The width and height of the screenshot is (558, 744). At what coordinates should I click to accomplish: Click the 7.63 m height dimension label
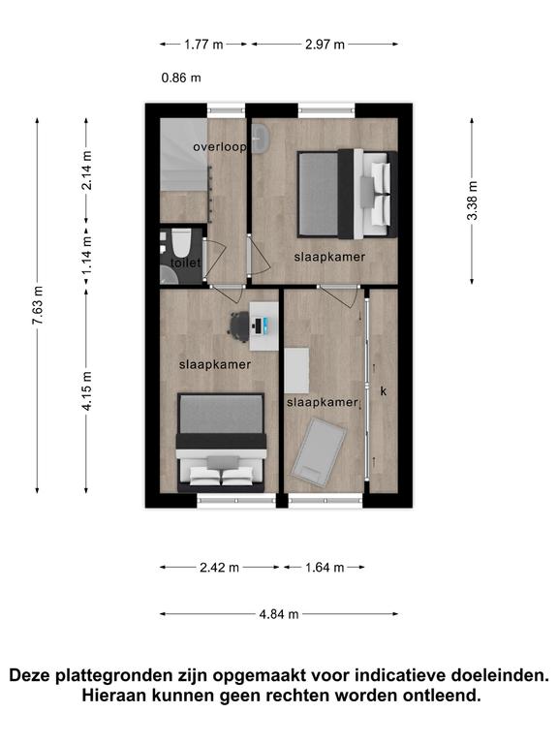click(x=38, y=305)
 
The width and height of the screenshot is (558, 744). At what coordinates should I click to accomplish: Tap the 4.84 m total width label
click(x=279, y=614)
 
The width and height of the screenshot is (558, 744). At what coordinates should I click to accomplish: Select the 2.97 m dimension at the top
click(x=325, y=45)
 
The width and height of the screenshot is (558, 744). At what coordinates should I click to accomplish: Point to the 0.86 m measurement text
click(x=181, y=77)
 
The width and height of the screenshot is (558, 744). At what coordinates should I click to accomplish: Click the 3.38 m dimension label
click(x=472, y=201)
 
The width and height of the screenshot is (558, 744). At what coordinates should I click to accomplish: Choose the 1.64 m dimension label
click(x=325, y=567)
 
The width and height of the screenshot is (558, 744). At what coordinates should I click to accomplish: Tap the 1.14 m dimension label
click(x=86, y=256)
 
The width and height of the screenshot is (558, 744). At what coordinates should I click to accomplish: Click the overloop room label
click(x=220, y=147)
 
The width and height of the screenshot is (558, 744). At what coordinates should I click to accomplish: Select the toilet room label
click(x=186, y=263)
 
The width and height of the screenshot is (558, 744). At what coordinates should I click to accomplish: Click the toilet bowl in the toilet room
click(x=181, y=242)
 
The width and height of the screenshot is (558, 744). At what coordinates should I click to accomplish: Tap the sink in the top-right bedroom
click(x=261, y=139)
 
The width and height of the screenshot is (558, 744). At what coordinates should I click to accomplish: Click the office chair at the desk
click(x=239, y=326)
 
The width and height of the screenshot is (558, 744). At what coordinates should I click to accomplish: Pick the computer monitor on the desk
click(x=258, y=325)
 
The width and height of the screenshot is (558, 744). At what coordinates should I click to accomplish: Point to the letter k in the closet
click(x=384, y=391)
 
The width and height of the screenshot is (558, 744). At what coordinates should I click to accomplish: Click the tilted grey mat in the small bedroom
click(x=319, y=451)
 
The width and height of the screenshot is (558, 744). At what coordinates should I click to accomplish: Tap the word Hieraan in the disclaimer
click(x=114, y=696)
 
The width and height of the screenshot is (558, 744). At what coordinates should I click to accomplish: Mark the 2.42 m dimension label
click(x=219, y=567)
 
